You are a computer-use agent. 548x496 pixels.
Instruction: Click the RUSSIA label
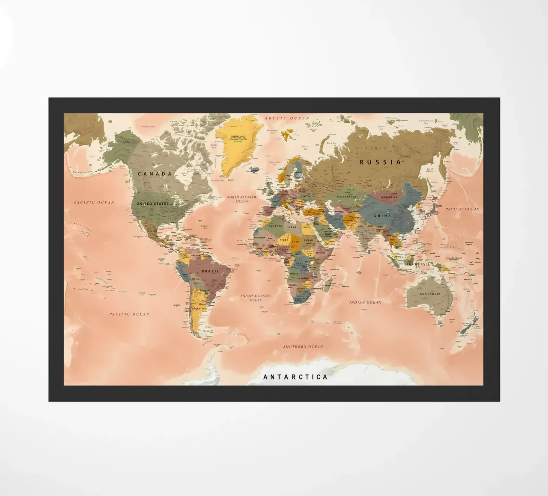pyautogui.click(x=380, y=162)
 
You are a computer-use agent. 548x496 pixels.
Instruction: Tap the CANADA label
pyautogui.click(x=155, y=174)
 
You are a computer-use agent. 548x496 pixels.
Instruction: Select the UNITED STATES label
pyautogui.click(x=152, y=204)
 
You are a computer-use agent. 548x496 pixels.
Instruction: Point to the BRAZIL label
pyautogui.click(x=210, y=271)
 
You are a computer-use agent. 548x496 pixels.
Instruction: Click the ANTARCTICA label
pyautogui.click(x=295, y=377)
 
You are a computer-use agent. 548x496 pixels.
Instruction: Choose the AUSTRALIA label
pyautogui.click(x=430, y=294)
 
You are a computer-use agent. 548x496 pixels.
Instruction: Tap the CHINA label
pyautogui.click(x=382, y=216)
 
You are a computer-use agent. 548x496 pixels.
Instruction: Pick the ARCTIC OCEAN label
pyautogui.click(x=287, y=118)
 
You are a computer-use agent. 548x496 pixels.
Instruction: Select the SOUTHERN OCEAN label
pyautogui.click(x=303, y=346)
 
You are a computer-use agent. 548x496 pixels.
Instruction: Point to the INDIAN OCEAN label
pyautogui.click(x=365, y=302)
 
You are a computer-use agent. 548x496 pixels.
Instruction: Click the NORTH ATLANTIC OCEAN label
pyautogui.click(x=242, y=199)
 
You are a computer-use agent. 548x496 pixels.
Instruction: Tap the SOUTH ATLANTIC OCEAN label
pyautogui.click(x=256, y=298)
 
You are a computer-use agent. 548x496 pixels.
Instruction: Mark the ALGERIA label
pyautogui.click(x=275, y=225)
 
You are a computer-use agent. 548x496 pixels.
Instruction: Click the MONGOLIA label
pyautogui.click(x=389, y=197)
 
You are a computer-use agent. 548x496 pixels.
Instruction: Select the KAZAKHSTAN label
pyautogui.click(x=346, y=197)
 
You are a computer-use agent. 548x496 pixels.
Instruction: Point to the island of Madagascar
pyautogui.click(x=328, y=286)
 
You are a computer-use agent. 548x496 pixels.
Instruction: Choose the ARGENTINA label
pyautogui.click(x=199, y=308)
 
